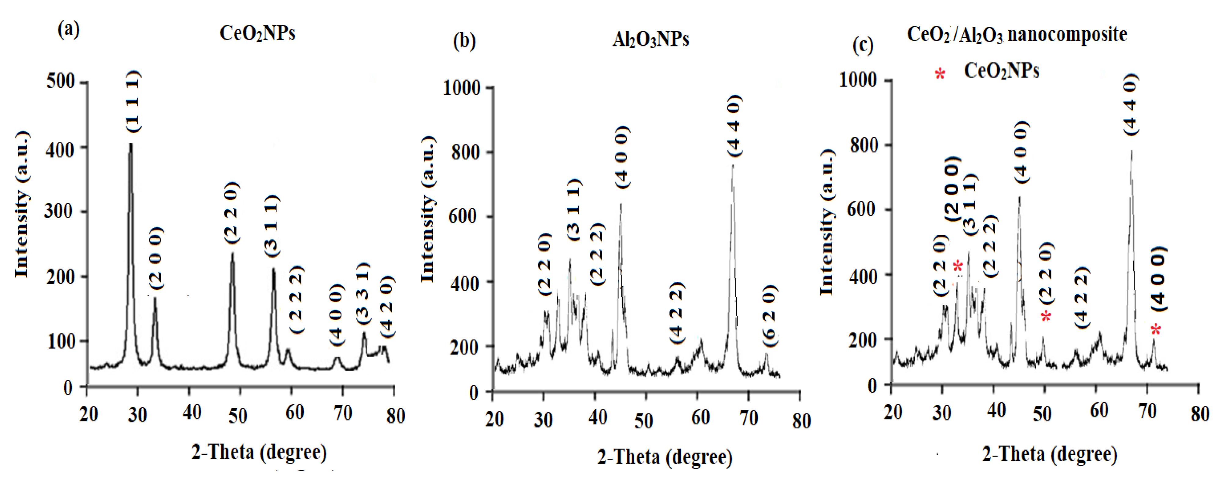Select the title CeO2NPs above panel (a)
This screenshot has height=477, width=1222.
pyautogui.click(x=258, y=34)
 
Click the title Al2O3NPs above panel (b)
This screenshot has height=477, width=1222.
pyautogui.click(x=650, y=40)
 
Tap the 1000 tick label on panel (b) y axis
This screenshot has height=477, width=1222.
pyautogui.click(x=461, y=88)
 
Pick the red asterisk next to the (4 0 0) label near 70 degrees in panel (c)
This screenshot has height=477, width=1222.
pyautogui.click(x=1156, y=329)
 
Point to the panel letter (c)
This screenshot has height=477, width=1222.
pyautogui.click(x=863, y=46)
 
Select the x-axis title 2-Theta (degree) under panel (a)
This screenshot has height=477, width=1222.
pyautogui.click(x=259, y=452)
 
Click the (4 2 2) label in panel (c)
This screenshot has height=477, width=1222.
pyautogui.click(x=1082, y=298)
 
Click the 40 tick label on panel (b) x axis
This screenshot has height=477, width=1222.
pyautogui.click(x=598, y=418)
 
